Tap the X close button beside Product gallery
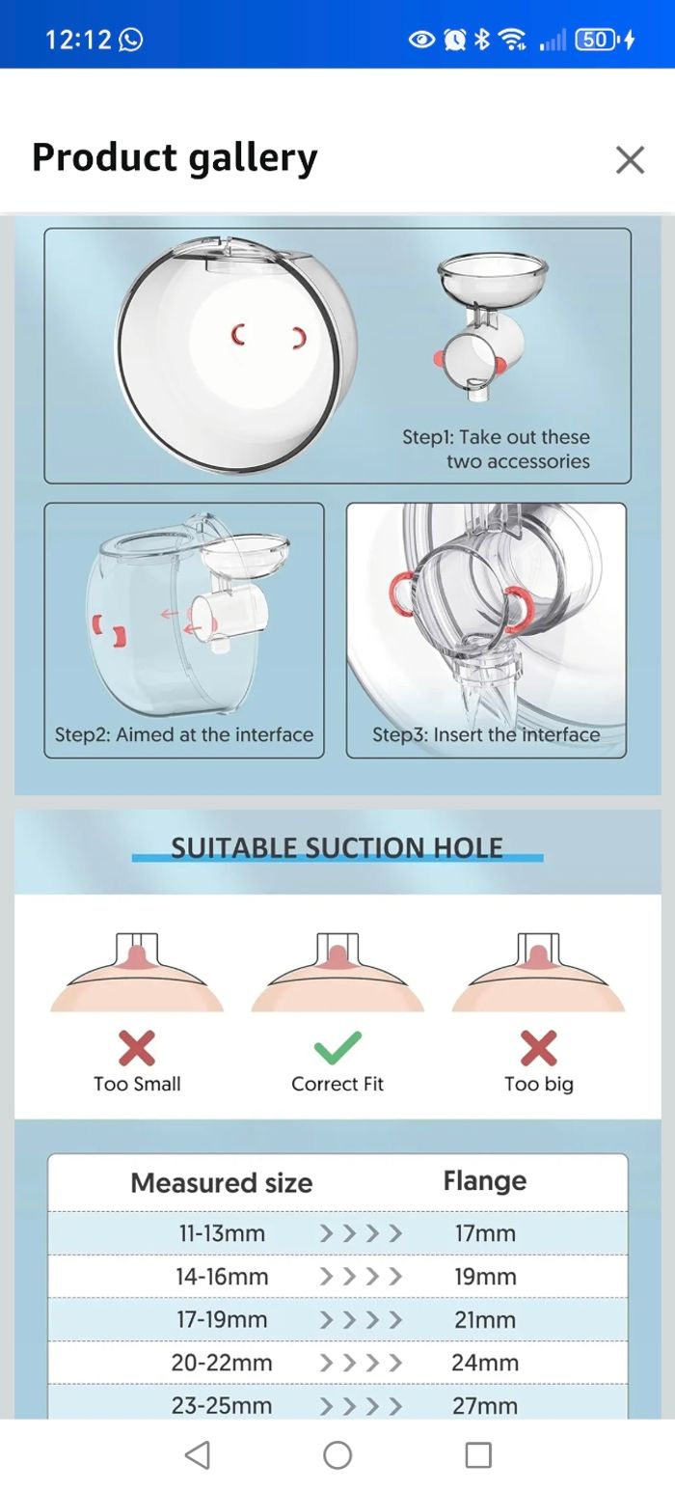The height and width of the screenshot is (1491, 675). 630,159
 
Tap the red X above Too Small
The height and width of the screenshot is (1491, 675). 137,1048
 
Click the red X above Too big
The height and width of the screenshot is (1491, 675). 538,1048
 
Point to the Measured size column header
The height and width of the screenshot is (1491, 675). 222,1183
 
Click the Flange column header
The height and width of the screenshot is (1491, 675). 485,1181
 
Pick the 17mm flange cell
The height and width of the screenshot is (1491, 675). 485,1233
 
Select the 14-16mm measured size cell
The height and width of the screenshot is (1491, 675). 222,1277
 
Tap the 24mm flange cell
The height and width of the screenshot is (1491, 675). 485,1363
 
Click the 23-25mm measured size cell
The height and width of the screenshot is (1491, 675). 222,1405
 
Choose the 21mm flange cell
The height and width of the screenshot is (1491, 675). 485,1319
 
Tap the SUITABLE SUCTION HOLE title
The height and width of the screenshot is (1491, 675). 337,848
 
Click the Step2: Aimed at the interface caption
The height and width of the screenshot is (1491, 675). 184,734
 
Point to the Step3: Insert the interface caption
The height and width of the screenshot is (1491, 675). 486,734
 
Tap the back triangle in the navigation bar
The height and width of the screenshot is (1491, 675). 197,1454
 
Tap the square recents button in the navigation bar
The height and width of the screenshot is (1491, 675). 478,1454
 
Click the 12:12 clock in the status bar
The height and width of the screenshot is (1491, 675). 78,40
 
